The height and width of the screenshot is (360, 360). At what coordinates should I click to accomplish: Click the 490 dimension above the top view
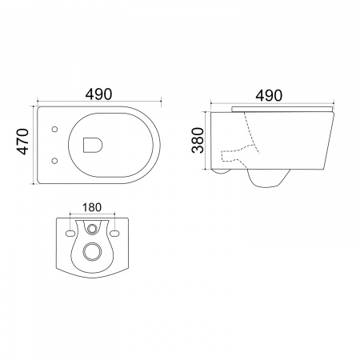coord(98,94)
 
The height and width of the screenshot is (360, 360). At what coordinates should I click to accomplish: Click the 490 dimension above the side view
coord(269,95)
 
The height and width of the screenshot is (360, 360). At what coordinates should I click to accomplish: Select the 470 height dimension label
coord(22,142)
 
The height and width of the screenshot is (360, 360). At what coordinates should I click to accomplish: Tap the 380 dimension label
coord(198,140)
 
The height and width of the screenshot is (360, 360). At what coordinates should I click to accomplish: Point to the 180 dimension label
coord(92,207)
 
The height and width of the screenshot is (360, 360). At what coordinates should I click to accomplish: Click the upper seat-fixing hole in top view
coord(54,130)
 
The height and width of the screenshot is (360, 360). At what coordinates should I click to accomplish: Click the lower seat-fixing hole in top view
coord(54,161)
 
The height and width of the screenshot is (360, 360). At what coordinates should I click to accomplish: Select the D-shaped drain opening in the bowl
coord(93,145)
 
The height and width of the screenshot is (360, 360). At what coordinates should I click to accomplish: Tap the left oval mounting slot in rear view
coord(70,234)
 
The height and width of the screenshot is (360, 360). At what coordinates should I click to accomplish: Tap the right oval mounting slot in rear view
coord(114,234)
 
